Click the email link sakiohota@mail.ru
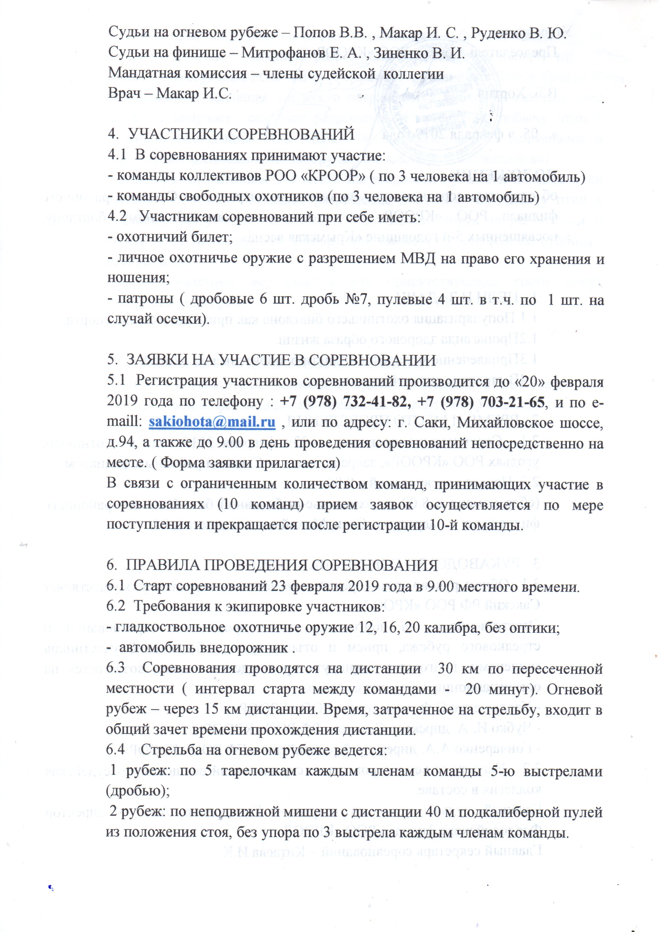click(x=212, y=422)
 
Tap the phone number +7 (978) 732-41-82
click(x=343, y=402)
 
